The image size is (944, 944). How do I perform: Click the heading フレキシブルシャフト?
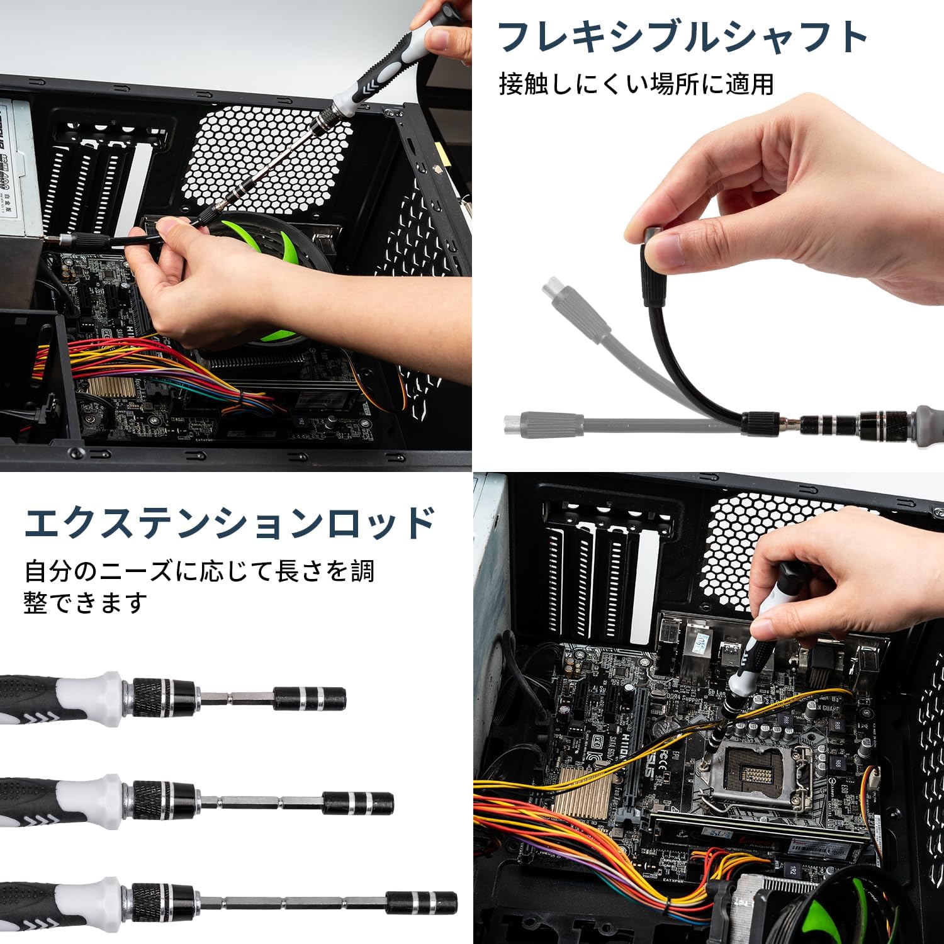tap(683, 37)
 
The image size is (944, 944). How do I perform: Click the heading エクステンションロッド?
tap(230, 522)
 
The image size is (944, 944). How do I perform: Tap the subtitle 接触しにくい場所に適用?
tap(636, 84)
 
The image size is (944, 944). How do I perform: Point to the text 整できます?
tap(86, 602)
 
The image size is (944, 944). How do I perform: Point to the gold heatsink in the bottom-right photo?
tap(582, 792)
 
